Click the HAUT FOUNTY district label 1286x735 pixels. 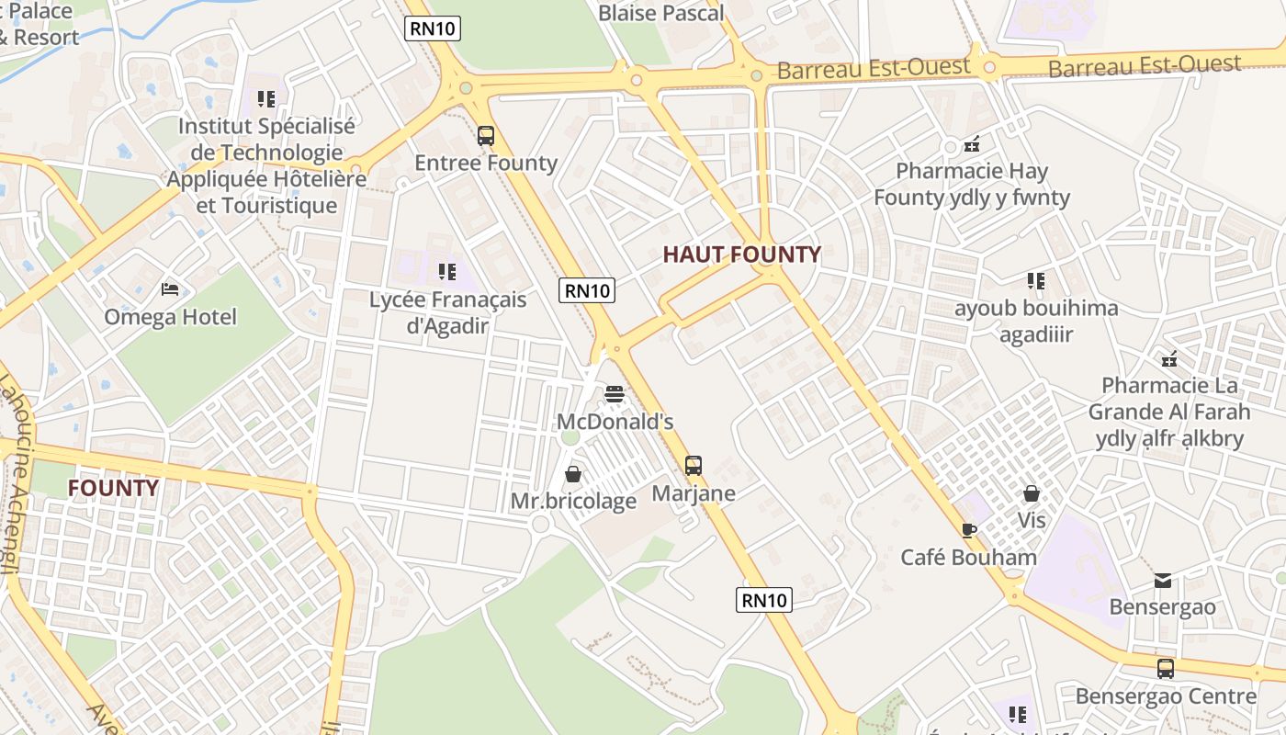point(741,254)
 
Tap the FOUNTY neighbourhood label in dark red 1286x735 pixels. point(113,487)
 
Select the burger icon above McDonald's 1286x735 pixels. point(615,395)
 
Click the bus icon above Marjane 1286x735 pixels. point(694,466)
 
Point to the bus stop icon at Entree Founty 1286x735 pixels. point(486,136)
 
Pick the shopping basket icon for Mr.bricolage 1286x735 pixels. point(573,474)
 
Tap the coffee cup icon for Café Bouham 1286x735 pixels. point(968,529)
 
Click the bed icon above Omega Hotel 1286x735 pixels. point(170,289)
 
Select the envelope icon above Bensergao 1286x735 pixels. point(1163,580)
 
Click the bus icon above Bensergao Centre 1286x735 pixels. point(1166,669)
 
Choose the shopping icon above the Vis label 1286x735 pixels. point(1032,493)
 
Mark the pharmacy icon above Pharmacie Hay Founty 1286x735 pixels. point(972,144)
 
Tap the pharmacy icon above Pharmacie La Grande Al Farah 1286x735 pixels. point(1169,358)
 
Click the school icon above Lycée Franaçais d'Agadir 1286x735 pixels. point(447,272)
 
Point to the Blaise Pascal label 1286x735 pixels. point(660,13)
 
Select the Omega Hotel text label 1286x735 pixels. point(170,317)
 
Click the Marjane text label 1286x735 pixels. point(694,493)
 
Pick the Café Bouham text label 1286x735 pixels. point(968,557)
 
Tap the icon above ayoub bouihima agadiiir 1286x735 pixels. point(1036,281)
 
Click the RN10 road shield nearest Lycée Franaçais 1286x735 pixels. point(587,291)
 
